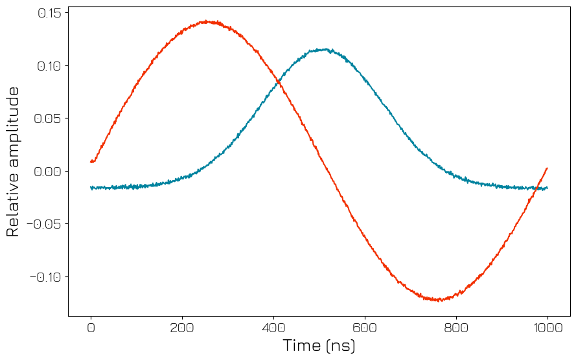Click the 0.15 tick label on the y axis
tap(47, 13)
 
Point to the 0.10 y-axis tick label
tap(47, 66)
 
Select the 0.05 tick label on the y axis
tap(47, 118)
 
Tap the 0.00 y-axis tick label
tap(47, 172)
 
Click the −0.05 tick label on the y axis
tap(43, 224)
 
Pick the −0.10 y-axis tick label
tap(43, 277)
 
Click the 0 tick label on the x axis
tap(91, 328)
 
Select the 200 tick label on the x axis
tap(182, 328)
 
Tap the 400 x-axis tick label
tap(273, 328)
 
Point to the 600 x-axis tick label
tap(365, 328)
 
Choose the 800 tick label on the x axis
tap(456, 328)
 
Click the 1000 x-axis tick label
tap(547, 328)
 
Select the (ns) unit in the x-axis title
tap(341, 346)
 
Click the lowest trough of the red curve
tap(439, 300)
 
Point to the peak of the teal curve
tap(327, 49)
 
